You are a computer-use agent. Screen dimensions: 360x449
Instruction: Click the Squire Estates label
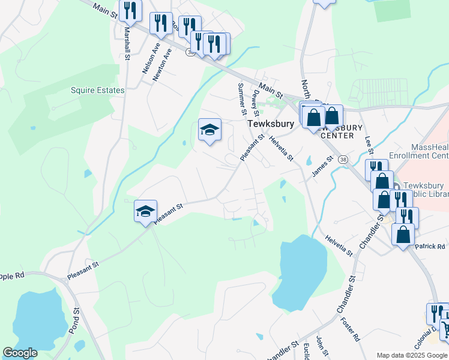[97, 91]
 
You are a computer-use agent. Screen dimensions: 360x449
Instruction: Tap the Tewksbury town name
[271, 124]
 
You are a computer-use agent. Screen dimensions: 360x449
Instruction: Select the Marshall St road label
[127, 46]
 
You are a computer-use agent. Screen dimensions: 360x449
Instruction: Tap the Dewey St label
[256, 103]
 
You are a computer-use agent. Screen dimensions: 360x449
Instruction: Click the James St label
[322, 168]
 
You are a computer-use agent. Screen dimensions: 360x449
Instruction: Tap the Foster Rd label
[356, 328]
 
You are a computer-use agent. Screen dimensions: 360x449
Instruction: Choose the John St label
[319, 346]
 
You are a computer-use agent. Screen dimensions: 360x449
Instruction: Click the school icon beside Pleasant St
[145, 211]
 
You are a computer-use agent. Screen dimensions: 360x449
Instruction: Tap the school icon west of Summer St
[209, 130]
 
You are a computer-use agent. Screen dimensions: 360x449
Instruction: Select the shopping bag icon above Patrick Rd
[403, 234]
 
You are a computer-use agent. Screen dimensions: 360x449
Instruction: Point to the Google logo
[20, 353]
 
